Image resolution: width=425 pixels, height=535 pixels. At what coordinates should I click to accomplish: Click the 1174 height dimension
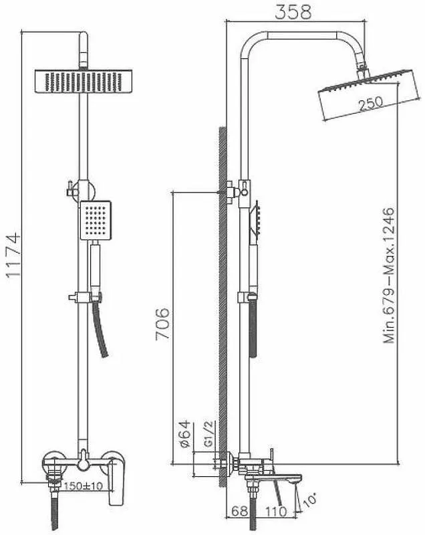click(x=13, y=255)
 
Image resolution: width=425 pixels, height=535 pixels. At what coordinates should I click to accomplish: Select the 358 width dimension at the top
click(x=293, y=11)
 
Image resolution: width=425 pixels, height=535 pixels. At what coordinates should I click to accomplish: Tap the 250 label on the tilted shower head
click(x=370, y=104)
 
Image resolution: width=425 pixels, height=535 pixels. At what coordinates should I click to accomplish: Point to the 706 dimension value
click(x=162, y=324)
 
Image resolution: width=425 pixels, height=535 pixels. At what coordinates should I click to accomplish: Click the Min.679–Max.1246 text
click(x=389, y=275)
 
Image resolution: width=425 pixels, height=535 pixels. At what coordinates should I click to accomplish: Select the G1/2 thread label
click(x=208, y=433)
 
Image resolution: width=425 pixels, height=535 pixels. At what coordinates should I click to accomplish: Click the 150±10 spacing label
click(x=83, y=486)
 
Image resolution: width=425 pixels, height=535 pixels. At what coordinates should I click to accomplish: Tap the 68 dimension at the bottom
click(x=239, y=511)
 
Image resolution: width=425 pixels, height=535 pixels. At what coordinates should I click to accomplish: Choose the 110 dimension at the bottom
click(x=276, y=511)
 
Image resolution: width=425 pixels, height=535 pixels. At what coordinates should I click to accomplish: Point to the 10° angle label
click(x=309, y=500)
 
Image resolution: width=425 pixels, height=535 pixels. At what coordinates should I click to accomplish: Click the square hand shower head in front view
click(x=96, y=220)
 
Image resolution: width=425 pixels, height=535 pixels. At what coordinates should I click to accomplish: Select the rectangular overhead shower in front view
click(x=84, y=81)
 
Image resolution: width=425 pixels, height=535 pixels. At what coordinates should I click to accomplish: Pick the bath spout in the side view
click(x=273, y=478)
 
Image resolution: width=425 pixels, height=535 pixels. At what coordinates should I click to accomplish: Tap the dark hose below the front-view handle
click(x=100, y=330)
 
